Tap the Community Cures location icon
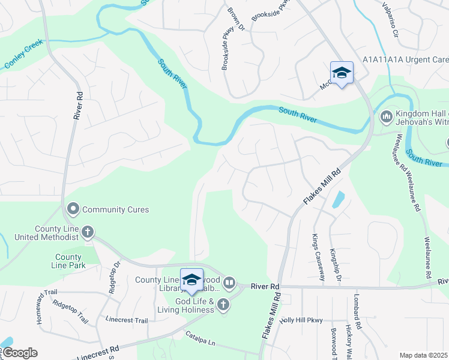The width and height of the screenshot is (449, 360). click(x=73, y=209)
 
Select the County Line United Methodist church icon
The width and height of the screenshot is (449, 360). click(x=88, y=232)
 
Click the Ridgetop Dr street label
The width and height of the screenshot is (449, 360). click(x=114, y=276)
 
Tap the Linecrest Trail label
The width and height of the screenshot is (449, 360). click(x=126, y=320)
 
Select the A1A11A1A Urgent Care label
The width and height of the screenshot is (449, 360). click(x=405, y=60)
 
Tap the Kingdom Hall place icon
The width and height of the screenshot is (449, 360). click(x=386, y=115)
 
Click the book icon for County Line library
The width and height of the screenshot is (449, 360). click(x=229, y=283)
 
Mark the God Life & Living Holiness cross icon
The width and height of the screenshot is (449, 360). click(x=223, y=305)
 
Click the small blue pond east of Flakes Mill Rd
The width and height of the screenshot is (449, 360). click(x=337, y=199)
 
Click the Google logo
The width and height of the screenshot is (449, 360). click(x=20, y=353)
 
